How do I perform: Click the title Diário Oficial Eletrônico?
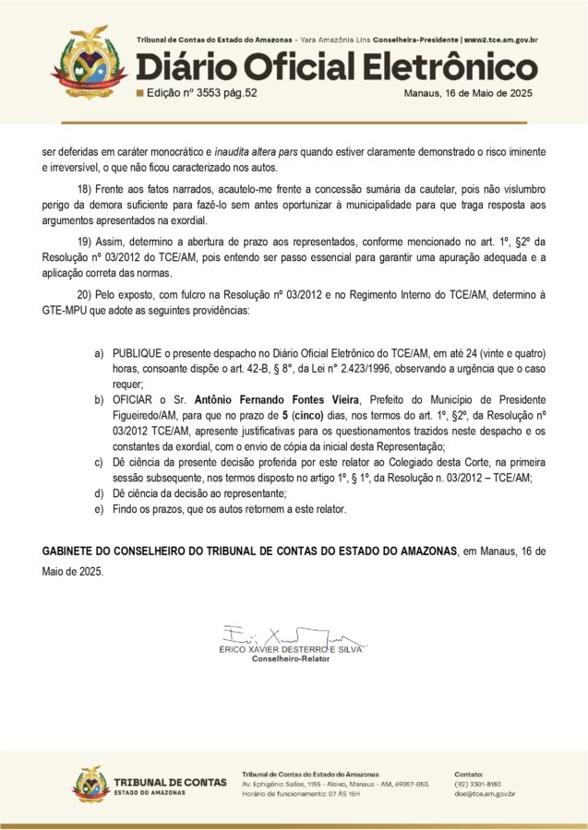(x=337, y=67)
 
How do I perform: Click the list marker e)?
(x=99, y=509)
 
